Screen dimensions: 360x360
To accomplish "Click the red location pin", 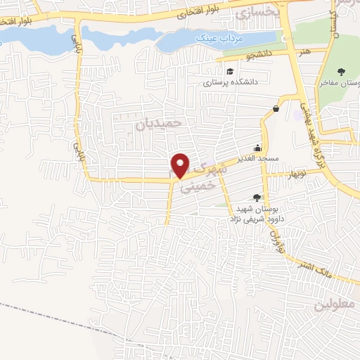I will (181, 166).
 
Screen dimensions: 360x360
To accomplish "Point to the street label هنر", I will (304, 51).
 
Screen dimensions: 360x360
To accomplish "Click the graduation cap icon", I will (230, 71).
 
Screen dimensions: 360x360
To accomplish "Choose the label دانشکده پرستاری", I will (232, 82).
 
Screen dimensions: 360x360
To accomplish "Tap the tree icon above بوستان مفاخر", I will (341, 71).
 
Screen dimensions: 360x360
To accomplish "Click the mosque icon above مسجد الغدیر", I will (258, 148).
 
